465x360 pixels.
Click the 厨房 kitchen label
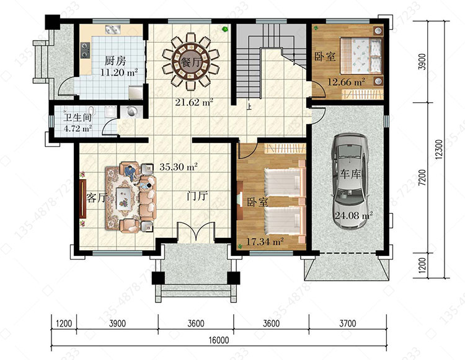pos(115,61)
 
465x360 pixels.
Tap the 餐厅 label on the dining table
pos(190,63)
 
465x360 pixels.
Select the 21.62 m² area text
pos(194,102)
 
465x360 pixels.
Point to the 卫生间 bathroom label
pos(77,117)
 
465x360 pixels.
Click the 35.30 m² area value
pos(179,167)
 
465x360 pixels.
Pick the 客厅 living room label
pos(96,198)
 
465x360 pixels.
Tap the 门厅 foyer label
pos(198,196)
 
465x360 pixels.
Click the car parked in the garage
pos(350,181)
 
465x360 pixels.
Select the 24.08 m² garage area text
pos(353,216)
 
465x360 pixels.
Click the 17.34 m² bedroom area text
pos(265,242)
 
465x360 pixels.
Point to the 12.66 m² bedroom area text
pos(346,82)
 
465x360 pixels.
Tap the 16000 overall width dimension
pos(219,340)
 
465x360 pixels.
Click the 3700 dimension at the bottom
pos(348,323)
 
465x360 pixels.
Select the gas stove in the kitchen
pos(86,50)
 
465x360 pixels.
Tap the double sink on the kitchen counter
pos(113,30)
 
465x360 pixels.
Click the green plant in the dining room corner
pos(225,29)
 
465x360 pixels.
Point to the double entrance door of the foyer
pos(196,232)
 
